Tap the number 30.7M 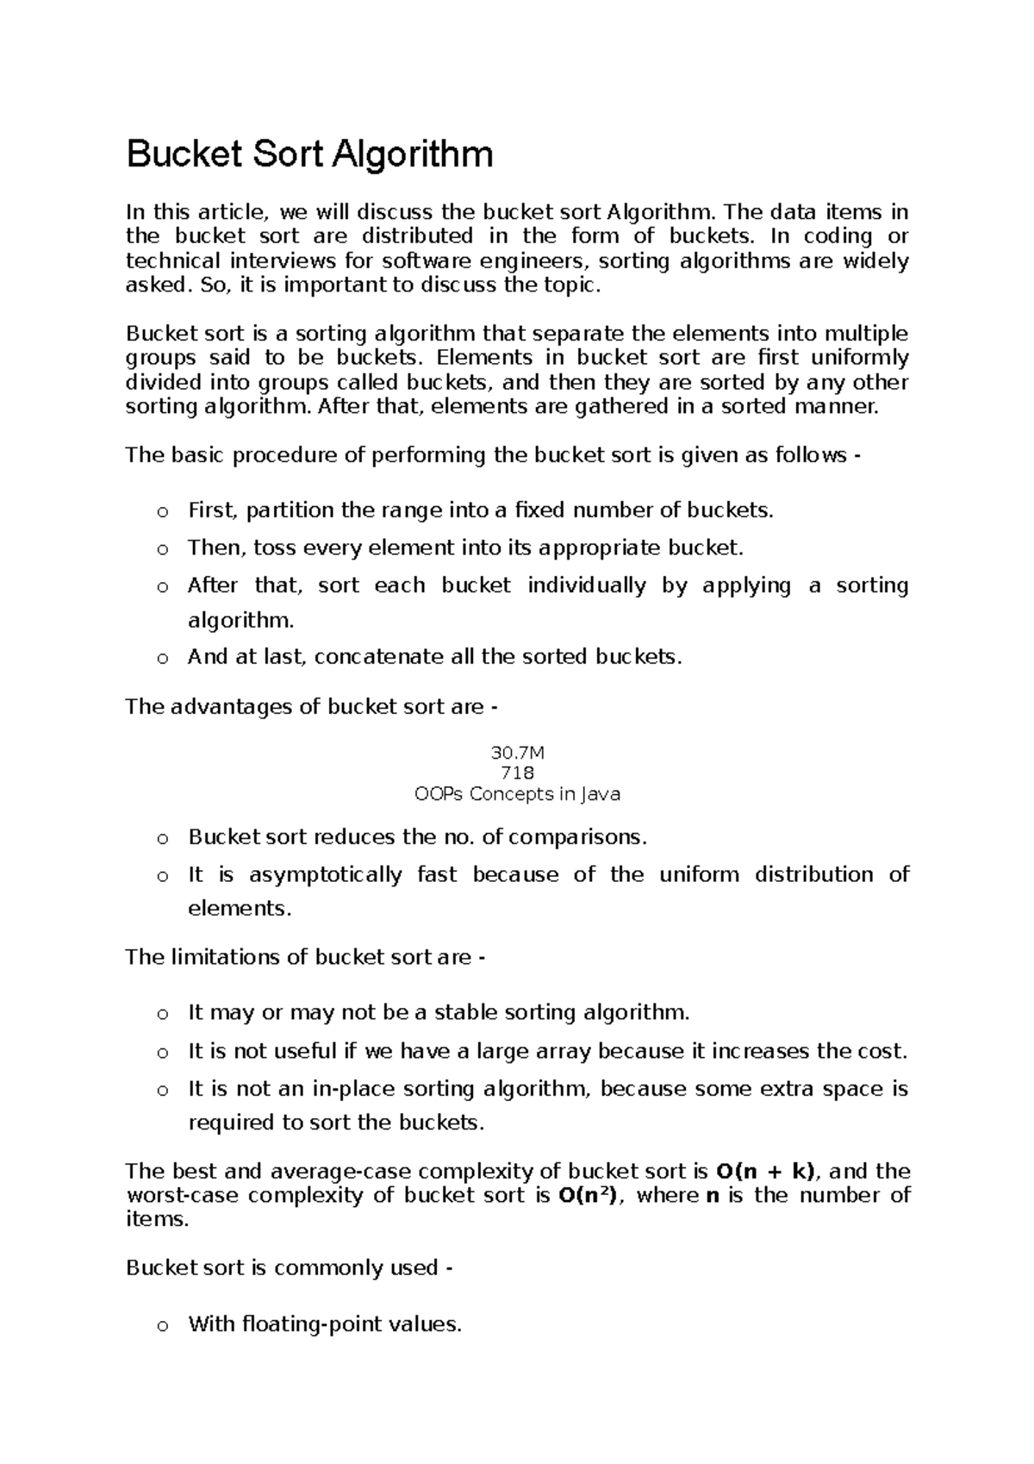(x=517, y=753)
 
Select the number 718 (x=517, y=773)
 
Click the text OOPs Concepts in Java (x=517, y=794)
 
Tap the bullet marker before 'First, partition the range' (x=161, y=512)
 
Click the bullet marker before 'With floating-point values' (x=161, y=1326)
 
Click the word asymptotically (x=325, y=874)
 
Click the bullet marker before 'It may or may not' (x=161, y=1014)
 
